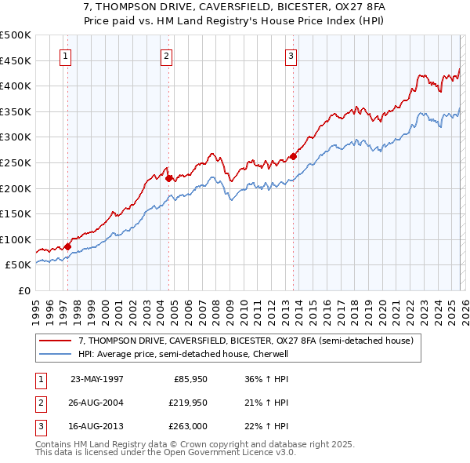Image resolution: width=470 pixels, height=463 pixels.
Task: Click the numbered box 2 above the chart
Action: (167, 56)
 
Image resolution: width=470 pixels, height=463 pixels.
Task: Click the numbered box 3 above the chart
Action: (291, 56)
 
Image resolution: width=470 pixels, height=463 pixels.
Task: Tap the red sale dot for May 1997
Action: (68, 246)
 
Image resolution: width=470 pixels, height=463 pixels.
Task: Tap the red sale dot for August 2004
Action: (168, 178)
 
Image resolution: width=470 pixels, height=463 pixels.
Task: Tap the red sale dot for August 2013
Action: (293, 155)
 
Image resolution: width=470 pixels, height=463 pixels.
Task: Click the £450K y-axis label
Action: (16, 60)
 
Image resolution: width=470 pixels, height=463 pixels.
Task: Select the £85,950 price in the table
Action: (189, 379)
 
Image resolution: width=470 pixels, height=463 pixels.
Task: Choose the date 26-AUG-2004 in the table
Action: (96, 403)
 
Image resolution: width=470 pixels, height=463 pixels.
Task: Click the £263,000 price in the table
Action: (189, 426)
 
